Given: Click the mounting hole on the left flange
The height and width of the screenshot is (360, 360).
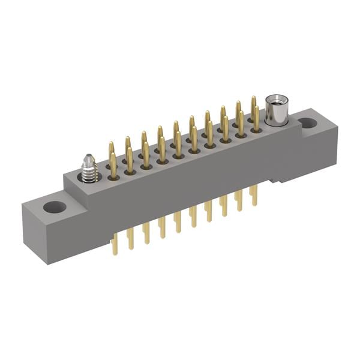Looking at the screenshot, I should coord(55,208).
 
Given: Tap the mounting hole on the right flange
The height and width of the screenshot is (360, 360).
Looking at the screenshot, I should coord(308,123).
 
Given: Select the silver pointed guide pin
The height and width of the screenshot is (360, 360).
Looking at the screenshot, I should coord(89,169).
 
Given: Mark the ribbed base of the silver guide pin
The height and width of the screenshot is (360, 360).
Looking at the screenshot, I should coord(90,175).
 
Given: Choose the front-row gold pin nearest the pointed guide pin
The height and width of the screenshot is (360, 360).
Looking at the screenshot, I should coord(113,165).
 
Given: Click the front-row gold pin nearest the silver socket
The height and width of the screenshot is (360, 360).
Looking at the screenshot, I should coord(256,119).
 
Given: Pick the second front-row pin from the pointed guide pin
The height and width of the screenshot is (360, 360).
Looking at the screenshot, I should coord(130,160).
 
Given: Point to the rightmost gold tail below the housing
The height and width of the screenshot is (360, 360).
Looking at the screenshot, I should coord(254,195).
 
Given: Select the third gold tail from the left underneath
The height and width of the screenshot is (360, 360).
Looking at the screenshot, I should coord(146,232).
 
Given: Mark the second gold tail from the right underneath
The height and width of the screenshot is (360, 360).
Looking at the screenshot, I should coord(239,200).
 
